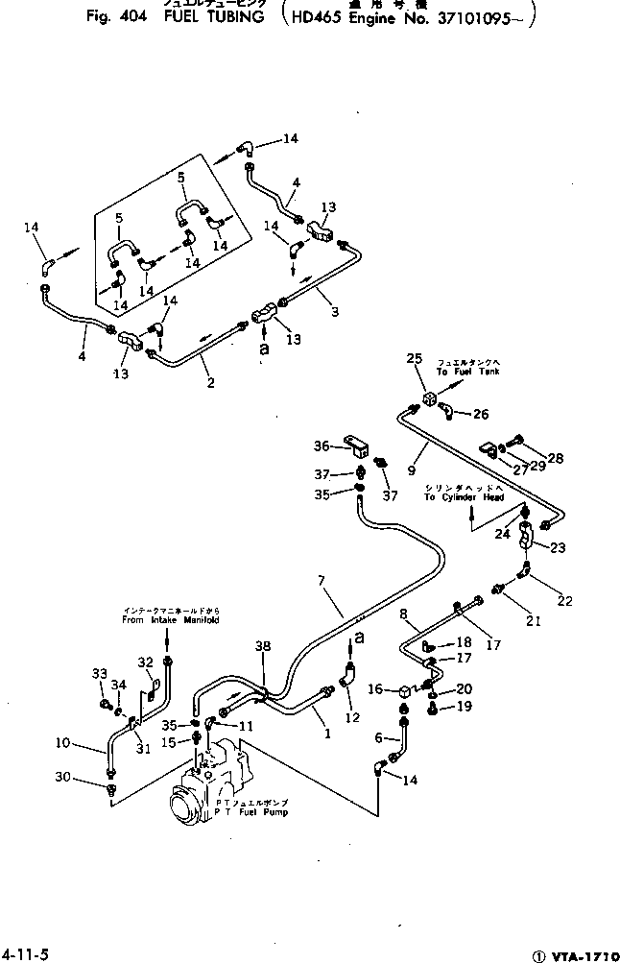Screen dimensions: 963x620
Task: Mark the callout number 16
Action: pyautogui.click(x=376, y=687)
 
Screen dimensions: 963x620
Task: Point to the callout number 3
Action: pyautogui.click(x=335, y=312)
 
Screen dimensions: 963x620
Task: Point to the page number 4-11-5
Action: pyautogui.click(x=25, y=952)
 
